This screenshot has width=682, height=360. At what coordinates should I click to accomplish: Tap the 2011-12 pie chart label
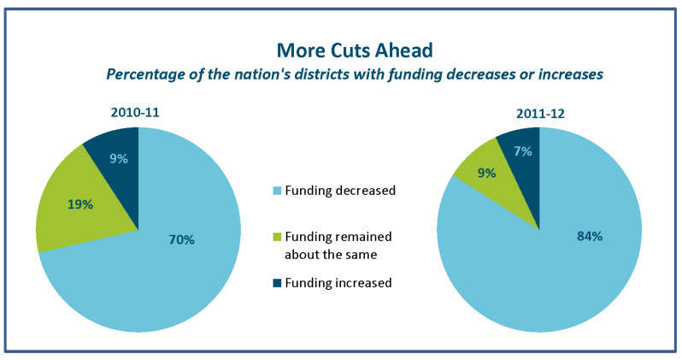pos(538,111)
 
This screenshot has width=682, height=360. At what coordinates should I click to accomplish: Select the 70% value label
pos(181,240)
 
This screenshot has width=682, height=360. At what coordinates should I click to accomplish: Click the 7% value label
pos(521,151)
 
